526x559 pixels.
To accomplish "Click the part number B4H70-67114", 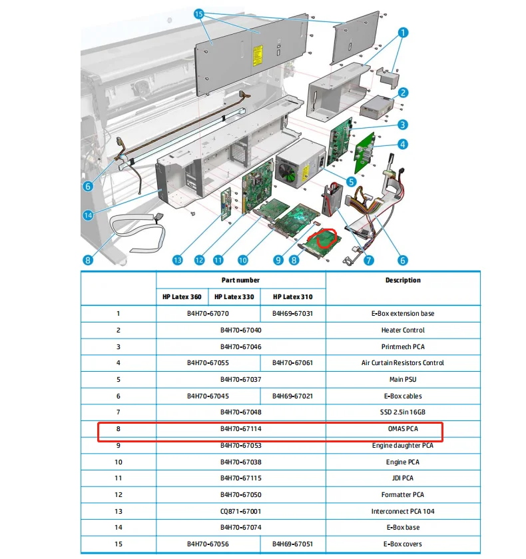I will click(x=240, y=429).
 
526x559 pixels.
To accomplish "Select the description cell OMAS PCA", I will click(x=403, y=429).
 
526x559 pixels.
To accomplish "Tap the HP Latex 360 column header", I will click(x=182, y=296).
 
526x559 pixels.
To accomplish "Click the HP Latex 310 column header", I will click(x=292, y=296).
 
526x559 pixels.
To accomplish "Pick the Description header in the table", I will click(x=403, y=280).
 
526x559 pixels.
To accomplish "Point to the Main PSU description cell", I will click(x=403, y=380).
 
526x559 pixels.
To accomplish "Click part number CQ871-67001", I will click(x=240, y=511).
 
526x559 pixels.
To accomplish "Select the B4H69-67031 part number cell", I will click(x=292, y=314).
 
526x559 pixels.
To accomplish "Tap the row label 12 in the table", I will click(x=119, y=494).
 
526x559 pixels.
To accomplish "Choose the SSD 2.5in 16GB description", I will click(x=403, y=412).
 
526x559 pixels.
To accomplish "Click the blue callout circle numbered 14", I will click(x=89, y=215).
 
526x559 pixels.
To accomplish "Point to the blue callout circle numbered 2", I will click(x=403, y=94).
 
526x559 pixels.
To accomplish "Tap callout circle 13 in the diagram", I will click(x=177, y=260).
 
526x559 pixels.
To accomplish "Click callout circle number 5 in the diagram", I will click(x=351, y=180).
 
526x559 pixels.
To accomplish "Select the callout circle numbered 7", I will click(x=368, y=260).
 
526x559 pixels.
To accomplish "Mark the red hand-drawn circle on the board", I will click(x=326, y=238).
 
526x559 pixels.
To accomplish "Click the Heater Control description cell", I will click(x=403, y=330).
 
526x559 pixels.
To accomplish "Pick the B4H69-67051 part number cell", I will click(x=292, y=544).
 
